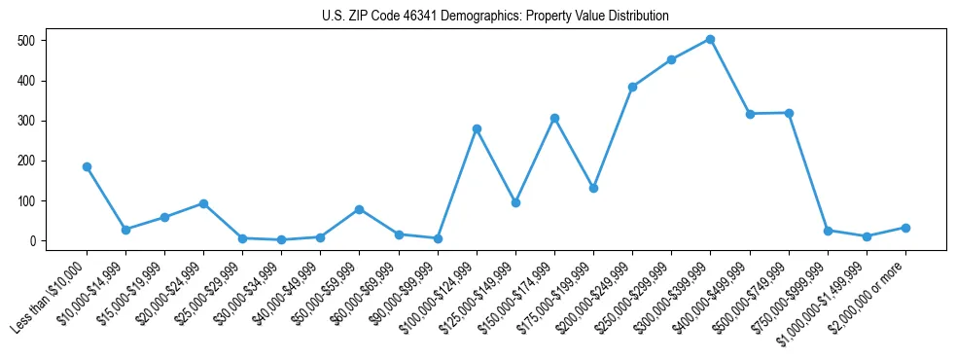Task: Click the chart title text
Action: (495, 17)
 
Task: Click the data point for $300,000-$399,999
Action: (711, 40)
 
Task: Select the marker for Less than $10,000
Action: (87, 166)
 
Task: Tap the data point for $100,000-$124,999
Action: (477, 128)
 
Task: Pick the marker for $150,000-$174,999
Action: (554, 118)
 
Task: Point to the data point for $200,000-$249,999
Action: (632, 87)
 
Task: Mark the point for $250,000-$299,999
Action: (672, 59)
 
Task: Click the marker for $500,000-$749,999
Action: (789, 113)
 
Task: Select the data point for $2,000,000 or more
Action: (905, 228)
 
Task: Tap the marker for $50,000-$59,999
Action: (360, 209)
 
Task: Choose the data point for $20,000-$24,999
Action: (203, 203)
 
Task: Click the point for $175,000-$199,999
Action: (593, 188)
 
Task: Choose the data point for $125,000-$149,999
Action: (515, 202)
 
